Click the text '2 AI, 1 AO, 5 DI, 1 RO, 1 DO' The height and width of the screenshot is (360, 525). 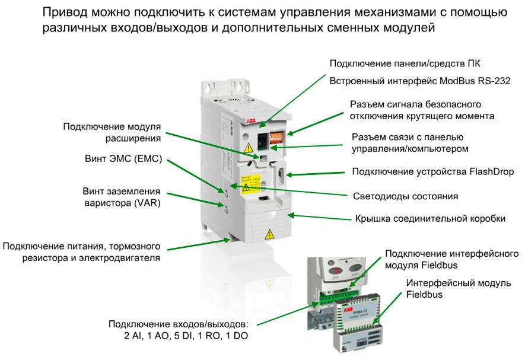coord(184,336)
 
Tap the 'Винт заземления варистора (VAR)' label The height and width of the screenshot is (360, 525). coord(121,196)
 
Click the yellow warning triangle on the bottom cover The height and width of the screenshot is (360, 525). coord(268,232)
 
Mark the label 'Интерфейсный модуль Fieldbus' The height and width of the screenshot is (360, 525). coord(458,288)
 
